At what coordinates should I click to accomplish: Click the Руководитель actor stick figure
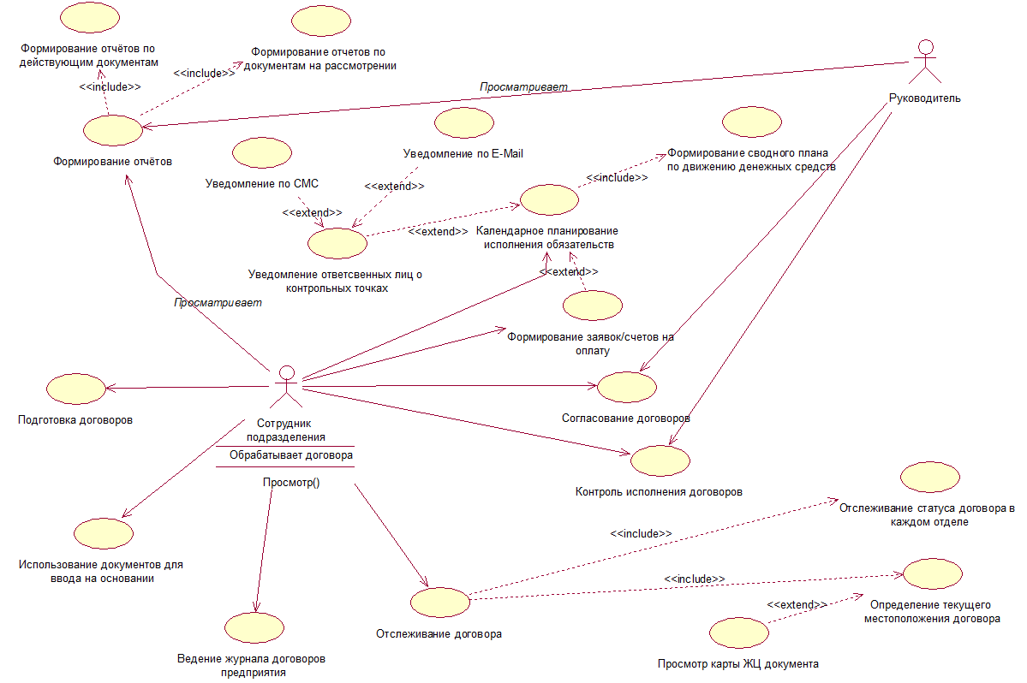coord(925,62)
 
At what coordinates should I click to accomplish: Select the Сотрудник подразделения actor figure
coord(286,387)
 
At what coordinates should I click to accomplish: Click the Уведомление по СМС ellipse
coord(262,153)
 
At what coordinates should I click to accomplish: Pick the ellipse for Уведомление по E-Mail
coord(464,123)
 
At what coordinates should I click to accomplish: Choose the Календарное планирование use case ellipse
coord(549,199)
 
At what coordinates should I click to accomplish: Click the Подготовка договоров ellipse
coord(76,389)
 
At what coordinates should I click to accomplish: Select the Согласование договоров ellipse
coord(627,388)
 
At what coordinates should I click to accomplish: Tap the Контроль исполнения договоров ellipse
coord(660,460)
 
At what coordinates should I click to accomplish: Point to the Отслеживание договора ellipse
coord(440,603)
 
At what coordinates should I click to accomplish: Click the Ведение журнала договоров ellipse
coord(254,628)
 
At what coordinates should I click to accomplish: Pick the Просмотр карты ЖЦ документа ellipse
coord(739,633)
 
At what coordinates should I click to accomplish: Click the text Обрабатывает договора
coord(291,454)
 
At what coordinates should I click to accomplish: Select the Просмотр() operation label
coord(291,482)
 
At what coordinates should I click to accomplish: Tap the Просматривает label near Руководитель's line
coord(523,87)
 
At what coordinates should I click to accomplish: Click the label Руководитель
coord(925,98)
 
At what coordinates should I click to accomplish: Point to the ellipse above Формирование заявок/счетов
coord(593,306)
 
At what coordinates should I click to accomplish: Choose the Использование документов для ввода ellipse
coord(104,533)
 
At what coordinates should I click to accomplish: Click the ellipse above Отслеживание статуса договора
coord(930,477)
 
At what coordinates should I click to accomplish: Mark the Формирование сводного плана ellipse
coord(752,122)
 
